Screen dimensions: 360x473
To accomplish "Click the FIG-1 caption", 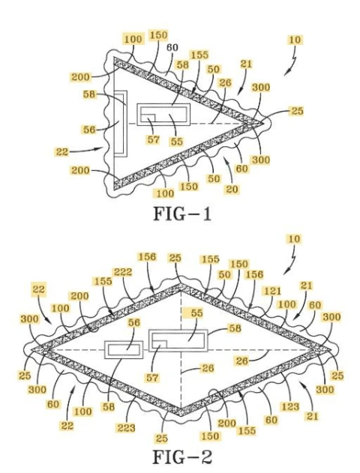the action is click(x=182, y=214).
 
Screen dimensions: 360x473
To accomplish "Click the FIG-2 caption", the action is click(x=182, y=457).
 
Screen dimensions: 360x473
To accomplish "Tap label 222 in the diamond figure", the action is click(x=123, y=272).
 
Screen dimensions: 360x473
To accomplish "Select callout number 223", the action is click(x=126, y=427).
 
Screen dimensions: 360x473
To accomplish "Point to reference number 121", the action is click(x=272, y=291).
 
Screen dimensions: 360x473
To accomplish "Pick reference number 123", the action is click(x=290, y=406).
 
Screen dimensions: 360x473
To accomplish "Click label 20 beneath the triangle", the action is click(x=232, y=189).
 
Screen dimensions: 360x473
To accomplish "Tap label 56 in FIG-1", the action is click(x=89, y=130).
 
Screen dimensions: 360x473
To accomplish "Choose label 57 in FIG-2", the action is click(x=152, y=377).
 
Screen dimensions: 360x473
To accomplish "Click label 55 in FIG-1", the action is click(x=176, y=142).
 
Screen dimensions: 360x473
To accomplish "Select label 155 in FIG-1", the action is click(x=199, y=55).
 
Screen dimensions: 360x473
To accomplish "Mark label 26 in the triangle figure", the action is click(x=225, y=82).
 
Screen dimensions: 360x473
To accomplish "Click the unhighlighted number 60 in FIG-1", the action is click(x=172, y=47).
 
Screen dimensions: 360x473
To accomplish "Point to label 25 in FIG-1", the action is click(x=297, y=111).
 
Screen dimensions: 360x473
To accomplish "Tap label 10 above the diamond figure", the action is click(x=294, y=239).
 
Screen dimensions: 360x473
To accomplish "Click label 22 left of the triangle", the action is click(x=62, y=151).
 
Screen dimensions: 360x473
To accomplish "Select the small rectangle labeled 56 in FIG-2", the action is click(x=124, y=349).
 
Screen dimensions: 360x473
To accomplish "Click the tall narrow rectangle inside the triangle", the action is click(x=121, y=124).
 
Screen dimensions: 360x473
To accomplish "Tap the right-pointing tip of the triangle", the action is click(x=263, y=124).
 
